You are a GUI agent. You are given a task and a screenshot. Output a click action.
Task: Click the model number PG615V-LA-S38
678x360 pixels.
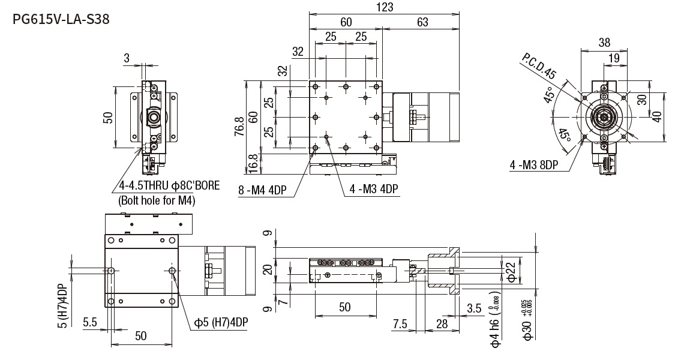[61, 19]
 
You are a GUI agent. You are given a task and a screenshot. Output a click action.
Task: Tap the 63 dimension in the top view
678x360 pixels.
[422, 22]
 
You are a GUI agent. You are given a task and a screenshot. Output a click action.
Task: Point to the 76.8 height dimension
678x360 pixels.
[239, 126]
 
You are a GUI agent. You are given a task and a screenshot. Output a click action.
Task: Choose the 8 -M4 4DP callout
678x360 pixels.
[263, 190]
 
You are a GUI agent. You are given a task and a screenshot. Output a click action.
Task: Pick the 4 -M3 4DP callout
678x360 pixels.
[374, 190]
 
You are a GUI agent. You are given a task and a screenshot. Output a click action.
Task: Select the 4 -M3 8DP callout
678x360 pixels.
[533, 165]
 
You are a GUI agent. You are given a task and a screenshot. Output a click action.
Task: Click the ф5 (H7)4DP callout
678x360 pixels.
[221, 322]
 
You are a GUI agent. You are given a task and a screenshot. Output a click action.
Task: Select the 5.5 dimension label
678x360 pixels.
[90, 323]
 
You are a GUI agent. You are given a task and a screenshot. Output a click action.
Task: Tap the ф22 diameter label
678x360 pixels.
[511, 271]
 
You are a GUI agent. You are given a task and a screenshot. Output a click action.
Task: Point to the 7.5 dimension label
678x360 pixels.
[400, 324]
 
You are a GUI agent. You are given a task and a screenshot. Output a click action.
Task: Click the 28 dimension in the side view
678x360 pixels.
[442, 324]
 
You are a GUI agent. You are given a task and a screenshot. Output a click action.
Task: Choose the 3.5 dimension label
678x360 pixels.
[474, 308]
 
